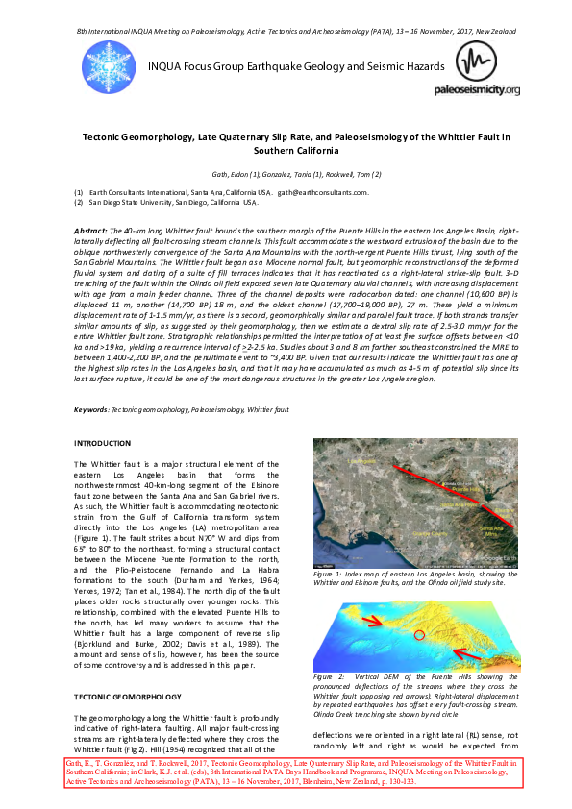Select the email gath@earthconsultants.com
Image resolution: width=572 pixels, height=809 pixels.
click(x=326, y=193)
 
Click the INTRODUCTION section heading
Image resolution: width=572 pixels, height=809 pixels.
click(x=103, y=443)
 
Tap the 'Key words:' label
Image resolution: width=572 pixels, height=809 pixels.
click(x=91, y=409)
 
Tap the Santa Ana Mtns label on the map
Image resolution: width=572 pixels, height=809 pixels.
click(x=499, y=530)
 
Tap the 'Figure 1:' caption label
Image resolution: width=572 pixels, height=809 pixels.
click(x=330, y=574)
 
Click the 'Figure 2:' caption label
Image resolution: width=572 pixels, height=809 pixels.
click(x=330, y=677)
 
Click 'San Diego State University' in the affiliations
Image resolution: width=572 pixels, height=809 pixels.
click(x=135, y=203)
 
